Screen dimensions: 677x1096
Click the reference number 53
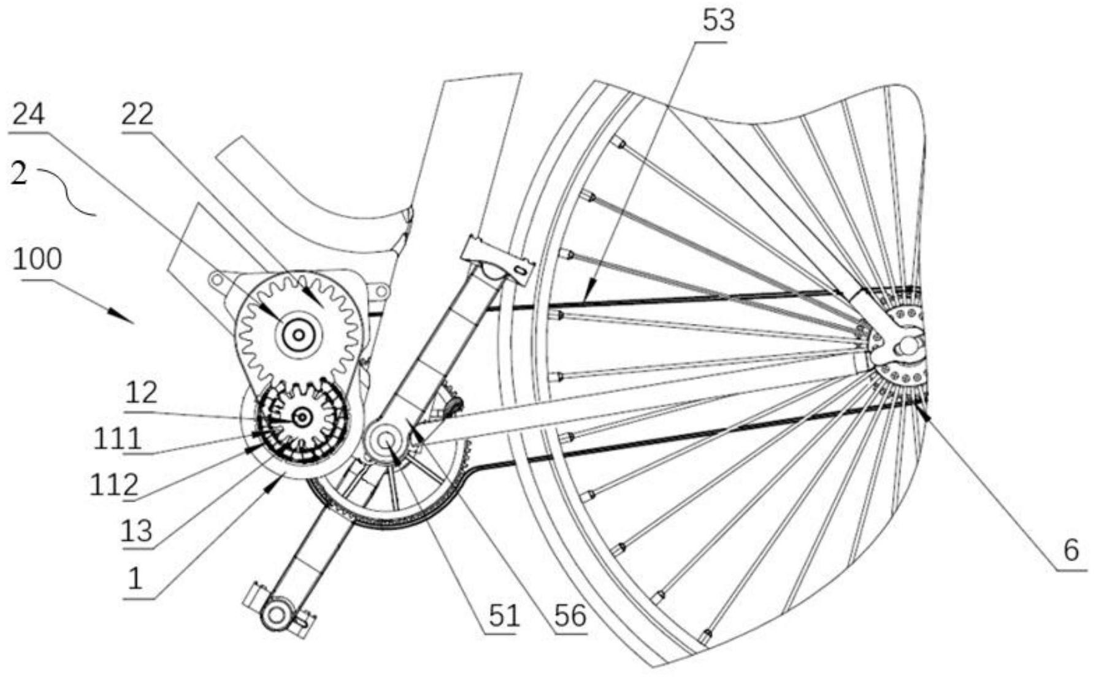[x=718, y=21]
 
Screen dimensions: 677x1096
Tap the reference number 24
[x=29, y=113]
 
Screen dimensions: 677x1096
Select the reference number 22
[x=137, y=113]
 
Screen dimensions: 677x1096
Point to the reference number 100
[x=37, y=259]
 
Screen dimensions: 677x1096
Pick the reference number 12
[x=142, y=392]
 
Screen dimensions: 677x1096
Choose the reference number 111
[x=117, y=439]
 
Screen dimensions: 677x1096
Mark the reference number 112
[x=113, y=486]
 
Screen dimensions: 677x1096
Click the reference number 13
[x=136, y=530]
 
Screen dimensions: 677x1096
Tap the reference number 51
[x=504, y=616]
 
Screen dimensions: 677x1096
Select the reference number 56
[x=570, y=616]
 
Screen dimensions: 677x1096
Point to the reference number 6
[x=1071, y=550]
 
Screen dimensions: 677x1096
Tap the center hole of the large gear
[x=299, y=335]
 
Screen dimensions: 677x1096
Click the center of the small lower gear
[x=302, y=418]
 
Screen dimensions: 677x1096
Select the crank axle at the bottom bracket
[x=387, y=440]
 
